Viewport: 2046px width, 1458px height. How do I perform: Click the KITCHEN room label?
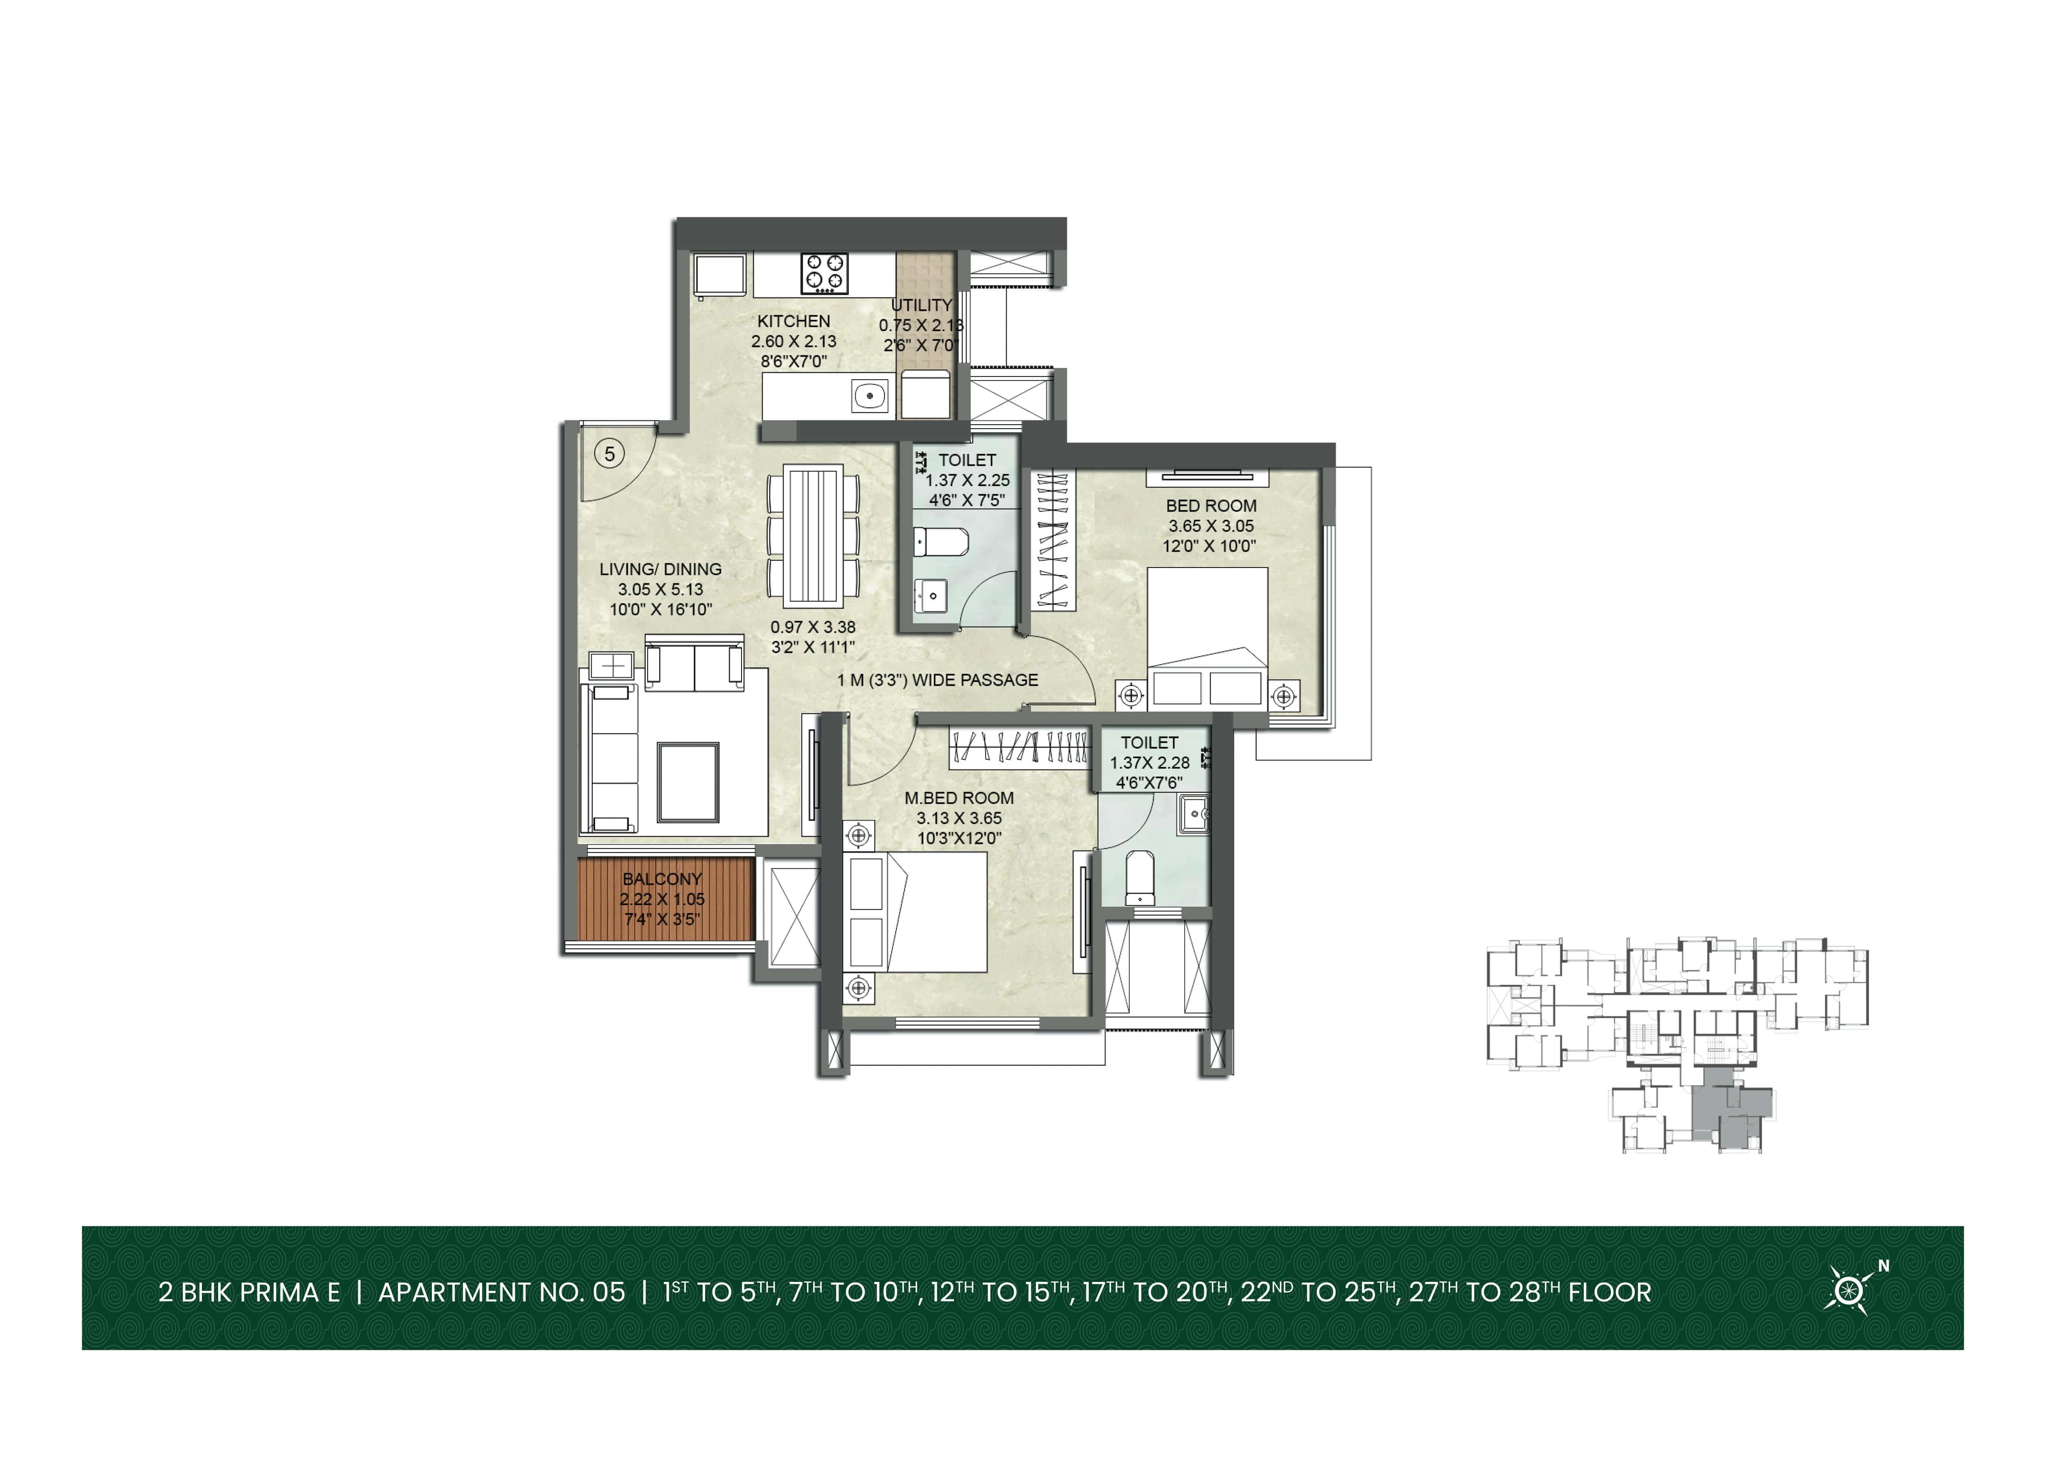(x=794, y=321)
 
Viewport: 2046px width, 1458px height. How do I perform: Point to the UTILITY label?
(x=921, y=305)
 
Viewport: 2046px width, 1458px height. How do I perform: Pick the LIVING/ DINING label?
(x=661, y=569)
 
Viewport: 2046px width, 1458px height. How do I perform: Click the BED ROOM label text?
(x=1211, y=506)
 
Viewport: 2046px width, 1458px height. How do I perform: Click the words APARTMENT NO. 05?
(x=502, y=1293)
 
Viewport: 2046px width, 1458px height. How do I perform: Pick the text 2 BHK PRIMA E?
(x=250, y=1293)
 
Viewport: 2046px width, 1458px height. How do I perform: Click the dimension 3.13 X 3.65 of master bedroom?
(x=959, y=818)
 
